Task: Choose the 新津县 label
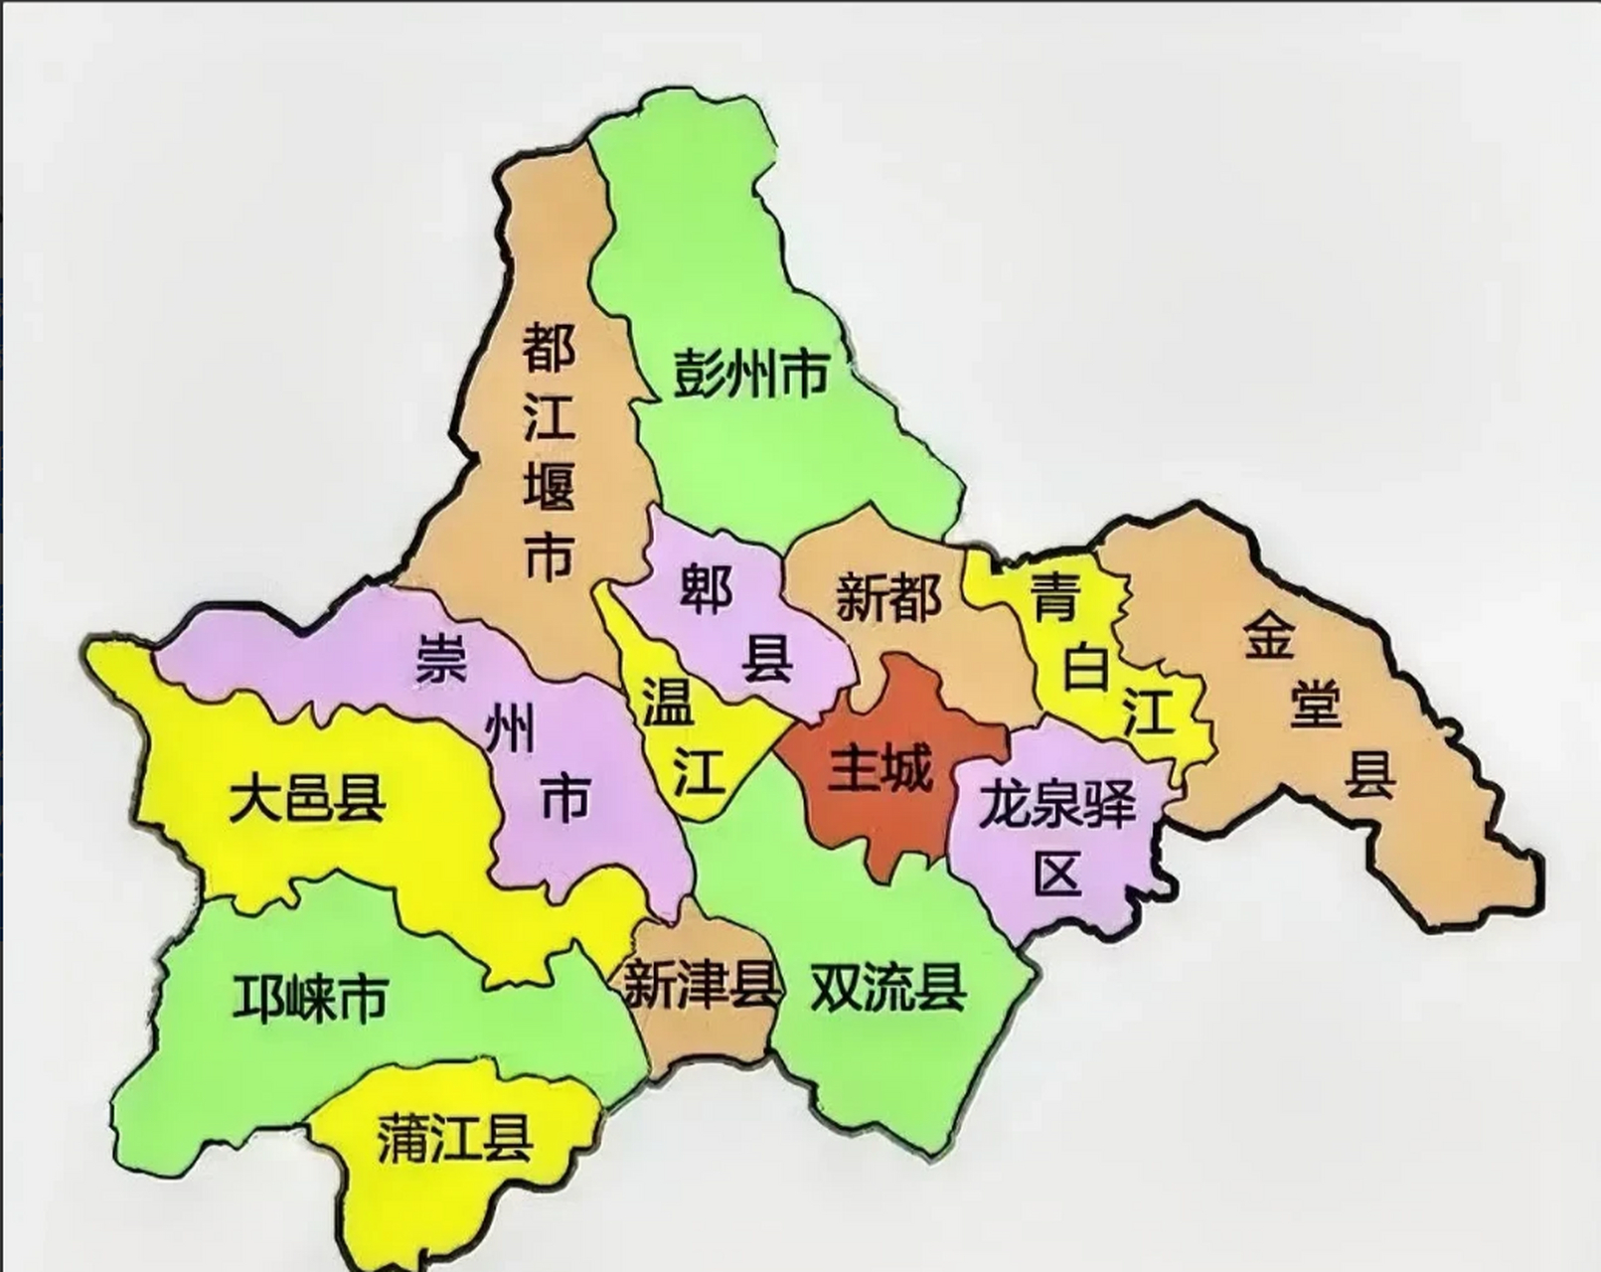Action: point(702,985)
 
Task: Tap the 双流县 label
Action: point(887,987)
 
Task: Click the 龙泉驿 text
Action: point(1056,804)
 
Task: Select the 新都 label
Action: point(887,597)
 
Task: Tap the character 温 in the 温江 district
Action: point(668,703)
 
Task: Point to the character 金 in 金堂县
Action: point(1270,636)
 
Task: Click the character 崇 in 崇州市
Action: point(441,659)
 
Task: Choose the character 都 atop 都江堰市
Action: point(550,347)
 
